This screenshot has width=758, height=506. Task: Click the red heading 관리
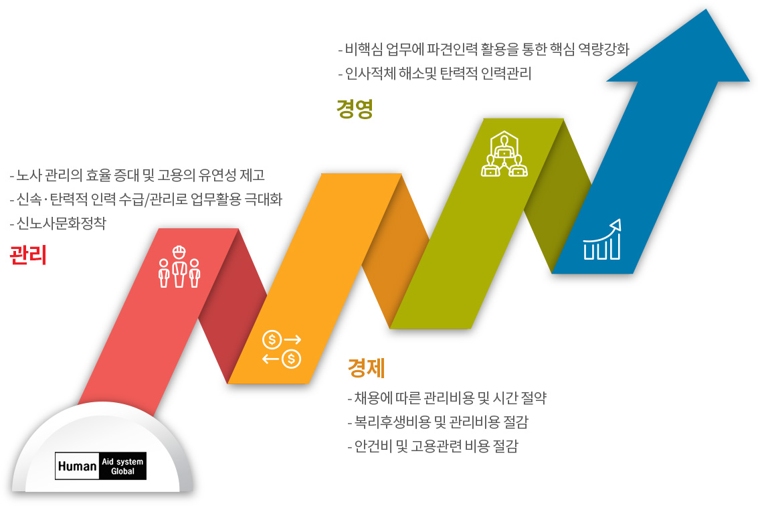tap(28, 255)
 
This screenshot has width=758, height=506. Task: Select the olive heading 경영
tap(355, 108)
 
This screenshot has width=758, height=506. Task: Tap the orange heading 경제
tap(367, 367)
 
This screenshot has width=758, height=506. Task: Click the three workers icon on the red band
tap(179, 266)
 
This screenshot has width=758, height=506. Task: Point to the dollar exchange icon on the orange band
tap(282, 349)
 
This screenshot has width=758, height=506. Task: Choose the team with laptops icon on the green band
tap(504, 154)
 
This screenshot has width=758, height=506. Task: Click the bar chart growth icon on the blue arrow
tap(602, 240)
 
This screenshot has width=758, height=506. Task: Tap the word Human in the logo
tap(78, 467)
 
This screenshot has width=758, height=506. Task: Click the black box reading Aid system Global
tap(123, 466)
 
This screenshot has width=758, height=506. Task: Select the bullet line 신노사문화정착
tap(58, 223)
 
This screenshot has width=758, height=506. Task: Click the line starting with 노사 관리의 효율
tap(137, 175)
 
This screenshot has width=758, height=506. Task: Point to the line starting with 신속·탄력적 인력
tap(146, 199)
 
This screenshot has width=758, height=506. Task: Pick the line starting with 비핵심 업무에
tap(484, 49)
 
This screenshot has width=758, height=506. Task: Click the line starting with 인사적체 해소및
tap(435, 73)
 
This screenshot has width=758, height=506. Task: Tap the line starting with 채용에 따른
tap(447, 398)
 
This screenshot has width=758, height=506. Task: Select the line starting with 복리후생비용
tap(438, 422)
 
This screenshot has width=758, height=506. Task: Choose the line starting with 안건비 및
tap(433, 446)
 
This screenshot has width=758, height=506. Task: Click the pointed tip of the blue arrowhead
tap(706, 9)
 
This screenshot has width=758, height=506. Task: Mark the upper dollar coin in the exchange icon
tap(272, 339)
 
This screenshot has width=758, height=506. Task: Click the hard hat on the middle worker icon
tap(179, 251)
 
